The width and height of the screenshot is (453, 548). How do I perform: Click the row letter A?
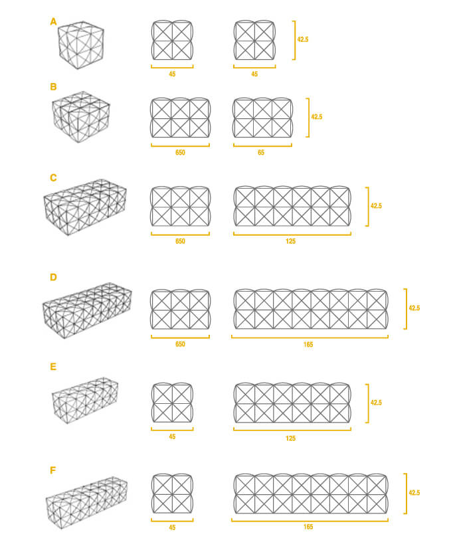click(x=53, y=22)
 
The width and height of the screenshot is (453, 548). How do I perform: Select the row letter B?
click(x=53, y=86)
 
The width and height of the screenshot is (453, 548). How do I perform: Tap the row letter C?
click(x=53, y=178)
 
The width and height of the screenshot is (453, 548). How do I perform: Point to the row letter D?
click(x=53, y=277)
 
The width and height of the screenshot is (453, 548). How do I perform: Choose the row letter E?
click(x=53, y=367)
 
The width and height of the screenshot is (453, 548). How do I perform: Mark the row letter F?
click(x=52, y=470)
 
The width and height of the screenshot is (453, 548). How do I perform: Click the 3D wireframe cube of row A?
click(x=81, y=45)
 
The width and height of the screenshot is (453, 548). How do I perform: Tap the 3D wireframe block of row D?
click(x=87, y=310)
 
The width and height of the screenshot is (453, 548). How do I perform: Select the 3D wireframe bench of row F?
click(x=86, y=503)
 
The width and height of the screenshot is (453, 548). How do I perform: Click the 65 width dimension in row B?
click(x=261, y=152)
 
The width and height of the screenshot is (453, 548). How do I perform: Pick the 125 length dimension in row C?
click(x=290, y=241)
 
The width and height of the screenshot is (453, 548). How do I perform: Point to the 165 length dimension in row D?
click(x=308, y=345)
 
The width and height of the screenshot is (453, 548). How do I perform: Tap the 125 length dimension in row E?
click(x=290, y=438)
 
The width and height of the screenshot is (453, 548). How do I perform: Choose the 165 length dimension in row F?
click(x=308, y=527)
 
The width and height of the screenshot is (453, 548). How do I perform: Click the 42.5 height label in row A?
click(x=303, y=39)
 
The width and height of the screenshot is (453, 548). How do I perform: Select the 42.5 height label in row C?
click(x=376, y=206)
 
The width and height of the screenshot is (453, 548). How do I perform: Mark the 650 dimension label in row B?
click(x=180, y=152)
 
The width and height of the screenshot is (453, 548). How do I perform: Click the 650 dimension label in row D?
click(x=180, y=344)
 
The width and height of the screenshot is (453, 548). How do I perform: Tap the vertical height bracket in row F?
click(x=405, y=494)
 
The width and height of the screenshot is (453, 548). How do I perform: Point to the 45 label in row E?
click(x=172, y=436)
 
